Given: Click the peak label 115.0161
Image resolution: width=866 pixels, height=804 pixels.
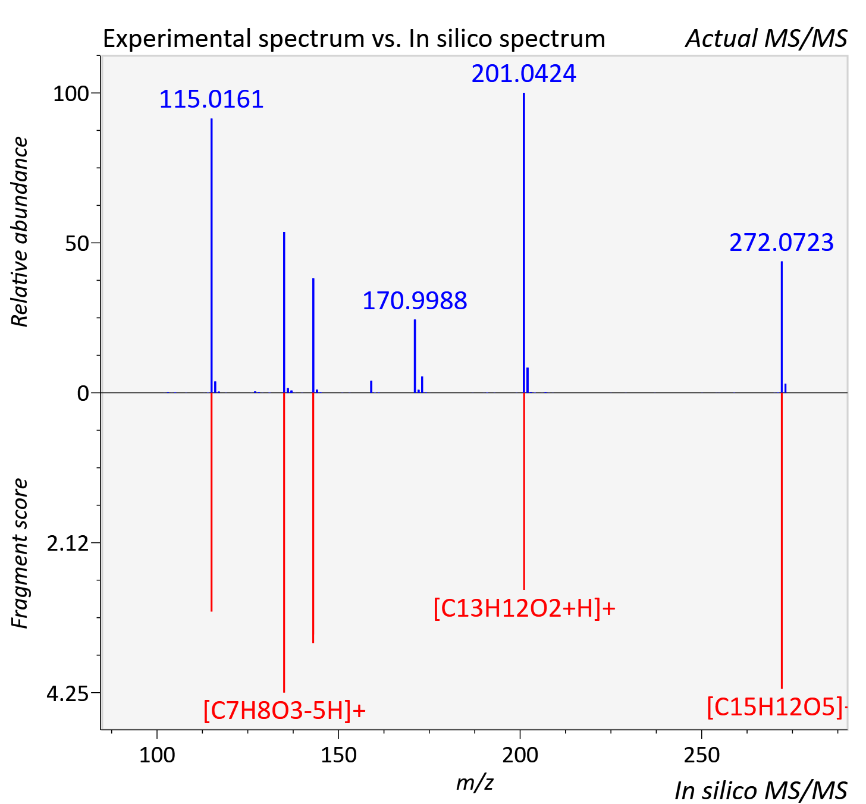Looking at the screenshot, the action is coord(212,99).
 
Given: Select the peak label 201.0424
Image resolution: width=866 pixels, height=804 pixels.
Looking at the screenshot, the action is coord(523,74).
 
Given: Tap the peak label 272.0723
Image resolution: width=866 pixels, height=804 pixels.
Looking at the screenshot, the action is coord(782,243).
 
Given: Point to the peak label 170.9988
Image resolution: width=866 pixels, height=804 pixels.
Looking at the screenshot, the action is coord(415,301).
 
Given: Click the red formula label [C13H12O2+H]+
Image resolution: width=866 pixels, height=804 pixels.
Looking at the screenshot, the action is coord(524,608).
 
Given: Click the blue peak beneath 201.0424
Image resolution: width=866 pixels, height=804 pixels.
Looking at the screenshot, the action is coord(523,243).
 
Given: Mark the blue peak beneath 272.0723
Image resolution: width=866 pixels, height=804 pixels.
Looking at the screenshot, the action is coord(782,327).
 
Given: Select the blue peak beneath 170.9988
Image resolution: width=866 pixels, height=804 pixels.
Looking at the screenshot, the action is coord(415,356).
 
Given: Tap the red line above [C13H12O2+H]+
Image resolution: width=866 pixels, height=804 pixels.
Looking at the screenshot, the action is coord(523,491).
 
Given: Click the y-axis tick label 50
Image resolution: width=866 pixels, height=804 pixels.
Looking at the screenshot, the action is coord(77,244).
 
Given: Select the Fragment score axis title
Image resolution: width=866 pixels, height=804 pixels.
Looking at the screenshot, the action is coord(20,554).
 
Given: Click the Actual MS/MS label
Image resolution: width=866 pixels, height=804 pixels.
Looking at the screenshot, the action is coord(766,39).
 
